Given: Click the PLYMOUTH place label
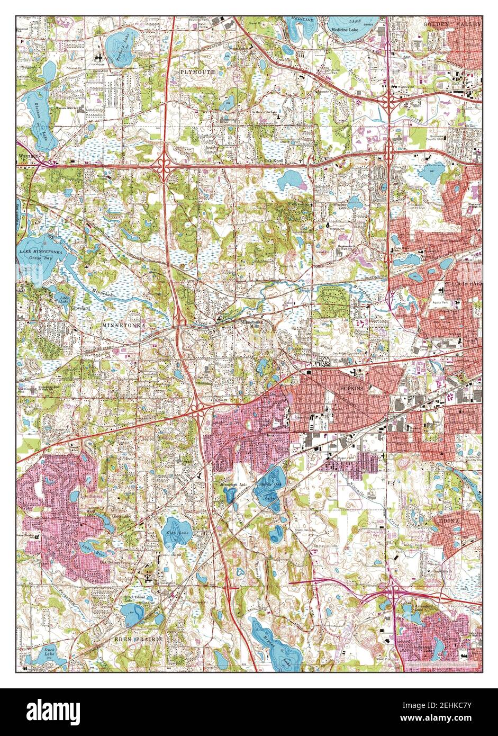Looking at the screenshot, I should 197,71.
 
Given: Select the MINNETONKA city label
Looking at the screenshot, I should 121,325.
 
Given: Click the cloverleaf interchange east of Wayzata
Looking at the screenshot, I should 164,165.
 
